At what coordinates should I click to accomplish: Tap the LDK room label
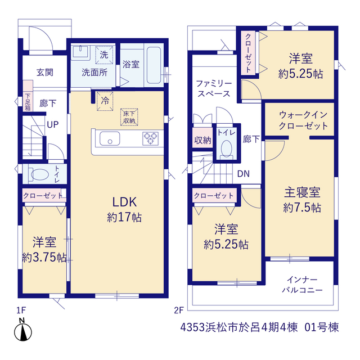coord(124,202)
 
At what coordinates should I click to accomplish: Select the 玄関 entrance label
coord(45,73)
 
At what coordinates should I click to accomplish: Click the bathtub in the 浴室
coord(154,65)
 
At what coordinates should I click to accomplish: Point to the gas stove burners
coord(150,138)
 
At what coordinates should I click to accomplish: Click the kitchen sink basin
coord(110,138)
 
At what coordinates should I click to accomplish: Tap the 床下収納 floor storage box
coord(129,117)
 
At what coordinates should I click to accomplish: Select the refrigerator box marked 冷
coord(105,101)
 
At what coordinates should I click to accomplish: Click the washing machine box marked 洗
coord(104,55)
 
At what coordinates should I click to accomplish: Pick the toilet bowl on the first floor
coord(39,174)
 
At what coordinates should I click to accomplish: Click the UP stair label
coord(53,125)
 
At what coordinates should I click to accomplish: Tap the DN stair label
coord(244,174)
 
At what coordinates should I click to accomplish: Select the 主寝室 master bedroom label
coord(302,192)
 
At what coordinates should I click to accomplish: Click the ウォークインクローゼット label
coord(303,120)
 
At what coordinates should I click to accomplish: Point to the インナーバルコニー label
coord(303,285)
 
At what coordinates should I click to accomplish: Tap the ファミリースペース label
coord(214,89)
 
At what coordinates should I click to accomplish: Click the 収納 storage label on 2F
coord(202,140)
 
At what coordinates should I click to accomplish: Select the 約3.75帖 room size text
coord(44,258)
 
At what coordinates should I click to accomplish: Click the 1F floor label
coord(21,310)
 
